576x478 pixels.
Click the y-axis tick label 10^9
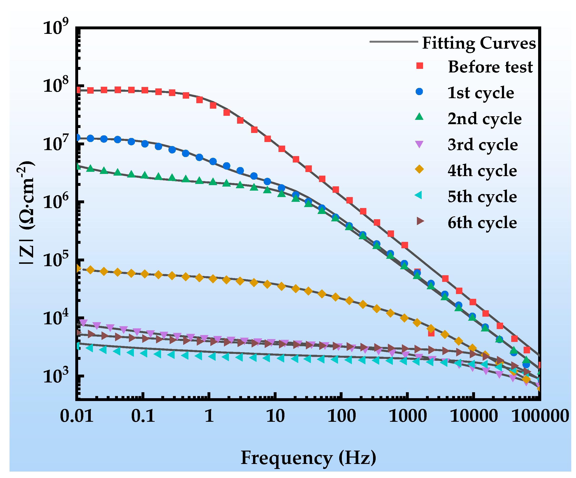56,27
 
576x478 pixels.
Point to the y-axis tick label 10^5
56,259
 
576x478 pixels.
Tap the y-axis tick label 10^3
56,376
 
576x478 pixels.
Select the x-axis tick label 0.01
76,416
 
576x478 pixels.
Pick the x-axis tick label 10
275,416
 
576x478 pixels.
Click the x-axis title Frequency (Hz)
308,458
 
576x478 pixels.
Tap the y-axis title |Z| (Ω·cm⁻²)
26,213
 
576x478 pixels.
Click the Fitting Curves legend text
479,43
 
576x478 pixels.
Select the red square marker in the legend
420,66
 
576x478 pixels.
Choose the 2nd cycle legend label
484,118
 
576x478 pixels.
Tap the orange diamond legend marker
419,170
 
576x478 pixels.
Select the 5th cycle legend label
482,197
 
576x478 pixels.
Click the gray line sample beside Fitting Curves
393,42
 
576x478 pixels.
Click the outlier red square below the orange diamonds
431,333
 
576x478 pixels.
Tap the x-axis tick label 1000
408,416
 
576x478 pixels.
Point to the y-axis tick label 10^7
56,143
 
